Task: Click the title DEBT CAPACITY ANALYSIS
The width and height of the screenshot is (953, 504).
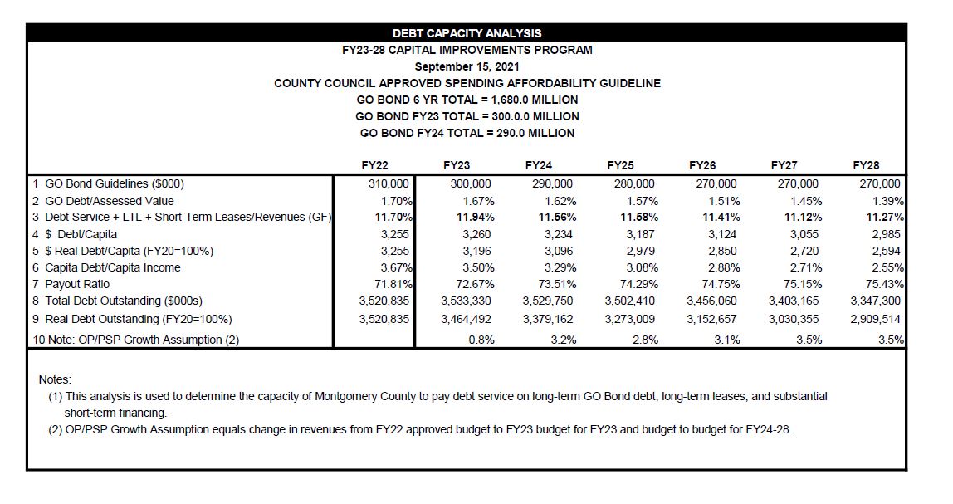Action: click(467, 33)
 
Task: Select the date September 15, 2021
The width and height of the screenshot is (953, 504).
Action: click(467, 66)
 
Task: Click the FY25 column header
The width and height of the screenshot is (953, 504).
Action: click(620, 165)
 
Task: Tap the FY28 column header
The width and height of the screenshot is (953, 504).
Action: click(866, 165)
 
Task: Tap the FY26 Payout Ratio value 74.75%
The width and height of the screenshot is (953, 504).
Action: click(718, 284)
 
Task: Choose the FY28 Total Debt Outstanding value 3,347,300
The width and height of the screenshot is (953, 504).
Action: click(876, 301)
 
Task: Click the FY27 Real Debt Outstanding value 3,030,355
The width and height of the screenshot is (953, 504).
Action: click(794, 319)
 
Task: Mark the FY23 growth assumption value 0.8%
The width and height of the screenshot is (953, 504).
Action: click(481, 340)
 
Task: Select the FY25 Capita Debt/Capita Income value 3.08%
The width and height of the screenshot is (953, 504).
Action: click(640, 267)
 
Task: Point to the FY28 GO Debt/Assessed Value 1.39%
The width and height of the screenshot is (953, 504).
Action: click(886, 201)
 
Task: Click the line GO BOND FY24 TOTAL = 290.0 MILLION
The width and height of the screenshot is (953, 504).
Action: click(467, 133)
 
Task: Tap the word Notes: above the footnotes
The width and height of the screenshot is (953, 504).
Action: click(55, 379)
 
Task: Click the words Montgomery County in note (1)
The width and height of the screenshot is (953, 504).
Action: click(364, 396)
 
